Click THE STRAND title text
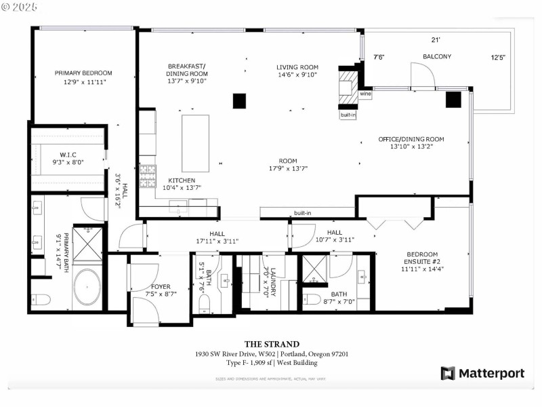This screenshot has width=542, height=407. click(271, 344)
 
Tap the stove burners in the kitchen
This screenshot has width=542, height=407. click(147, 176)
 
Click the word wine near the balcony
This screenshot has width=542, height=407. click(365, 94)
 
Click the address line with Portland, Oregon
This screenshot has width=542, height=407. click(271, 353)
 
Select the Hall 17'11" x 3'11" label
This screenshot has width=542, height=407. click(217, 237)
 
